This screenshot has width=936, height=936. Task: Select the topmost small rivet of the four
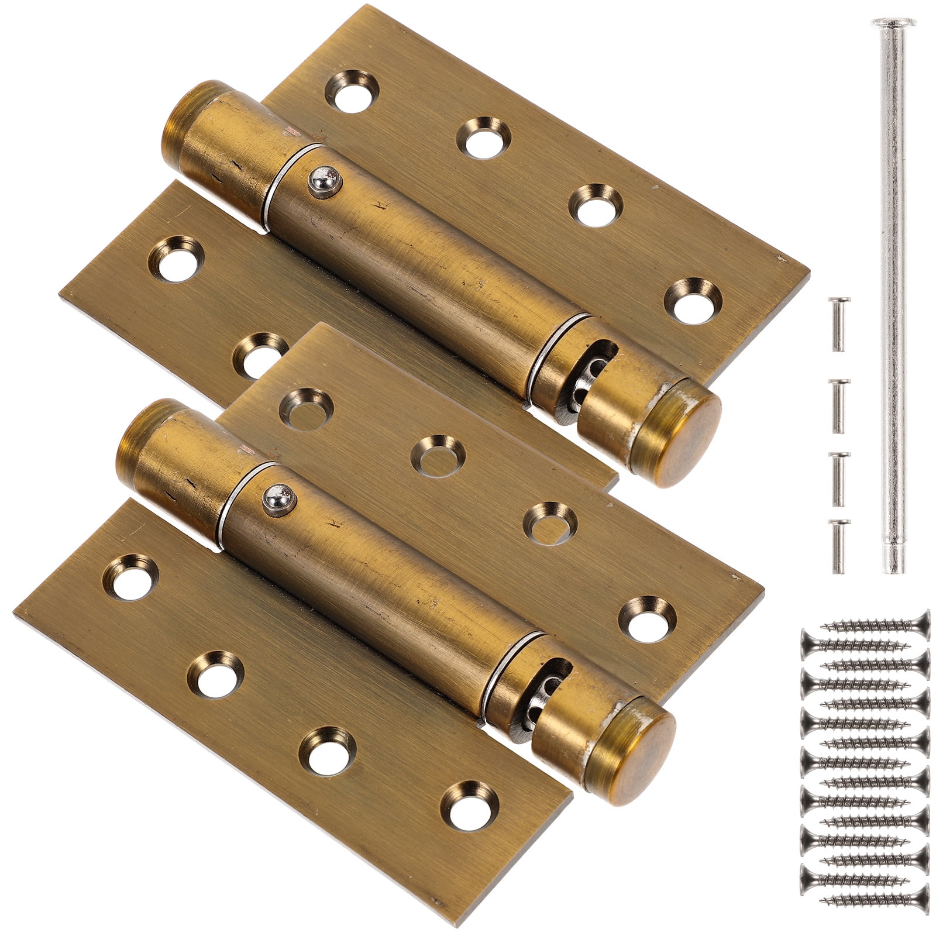[x=838, y=324]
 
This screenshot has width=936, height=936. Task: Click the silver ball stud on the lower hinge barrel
[x=278, y=497]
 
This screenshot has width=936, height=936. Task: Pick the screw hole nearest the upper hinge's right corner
[x=693, y=301]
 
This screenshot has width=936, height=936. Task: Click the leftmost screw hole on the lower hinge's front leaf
[x=131, y=577]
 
